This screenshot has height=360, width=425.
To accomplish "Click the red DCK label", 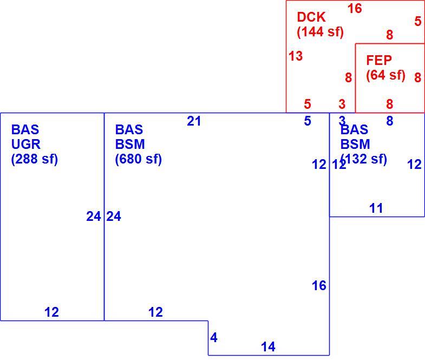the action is tap(311, 17).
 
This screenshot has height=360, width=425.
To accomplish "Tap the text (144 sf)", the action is tap(320, 32).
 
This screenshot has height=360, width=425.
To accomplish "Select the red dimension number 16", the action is tap(355, 9).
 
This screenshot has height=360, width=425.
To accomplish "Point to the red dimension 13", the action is tap(296, 56).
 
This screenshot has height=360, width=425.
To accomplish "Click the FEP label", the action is tap(379, 60).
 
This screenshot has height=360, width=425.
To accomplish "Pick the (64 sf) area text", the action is tap(385, 75).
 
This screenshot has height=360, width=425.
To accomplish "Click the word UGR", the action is tap(26, 144).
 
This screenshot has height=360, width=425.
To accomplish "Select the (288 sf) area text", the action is tap(35, 159).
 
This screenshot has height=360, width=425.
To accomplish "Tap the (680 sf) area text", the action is tap(138, 159).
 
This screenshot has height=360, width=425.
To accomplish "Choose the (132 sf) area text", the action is tap(363, 159).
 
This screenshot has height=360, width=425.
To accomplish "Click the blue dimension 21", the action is tap(194, 121).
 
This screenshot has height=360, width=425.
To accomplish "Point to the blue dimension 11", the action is tap(376, 208).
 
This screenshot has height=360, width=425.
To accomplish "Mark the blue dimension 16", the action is tap(319, 285).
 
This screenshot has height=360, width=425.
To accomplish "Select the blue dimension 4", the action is tap(214, 337).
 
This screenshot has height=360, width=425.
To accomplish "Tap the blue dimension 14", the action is tap(268, 346).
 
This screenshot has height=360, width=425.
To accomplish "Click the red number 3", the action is tap(342, 104).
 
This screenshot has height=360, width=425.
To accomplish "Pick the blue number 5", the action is tap(308, 121).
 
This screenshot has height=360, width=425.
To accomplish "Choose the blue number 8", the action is tap(390, 121).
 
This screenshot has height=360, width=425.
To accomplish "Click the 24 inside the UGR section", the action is tap(94, 217).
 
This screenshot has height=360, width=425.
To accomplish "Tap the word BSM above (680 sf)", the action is tap(130, 144).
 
